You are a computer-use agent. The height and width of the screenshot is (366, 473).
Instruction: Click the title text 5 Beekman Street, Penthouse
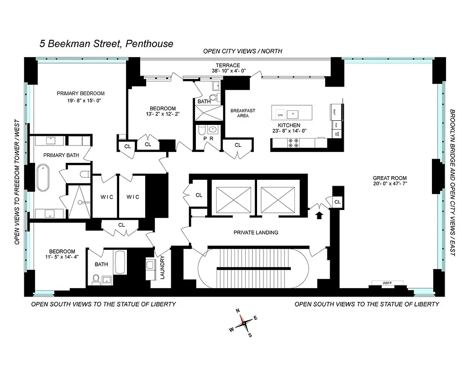tap(106, 44)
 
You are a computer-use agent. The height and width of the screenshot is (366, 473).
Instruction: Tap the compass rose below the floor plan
tap(244, 322)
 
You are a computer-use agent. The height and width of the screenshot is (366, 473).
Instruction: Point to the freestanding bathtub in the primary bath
tap(43, 178)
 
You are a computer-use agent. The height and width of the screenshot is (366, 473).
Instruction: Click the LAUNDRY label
tap(163, 268)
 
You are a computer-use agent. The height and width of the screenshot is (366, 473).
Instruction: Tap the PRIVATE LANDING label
tap(256, 232)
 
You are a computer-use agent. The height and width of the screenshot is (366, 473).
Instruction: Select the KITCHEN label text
tap(289, 125)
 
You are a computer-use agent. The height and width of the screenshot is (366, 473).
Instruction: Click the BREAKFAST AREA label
tap(242, 113)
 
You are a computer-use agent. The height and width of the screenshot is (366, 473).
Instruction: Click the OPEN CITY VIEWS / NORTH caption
tap(242, 51)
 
